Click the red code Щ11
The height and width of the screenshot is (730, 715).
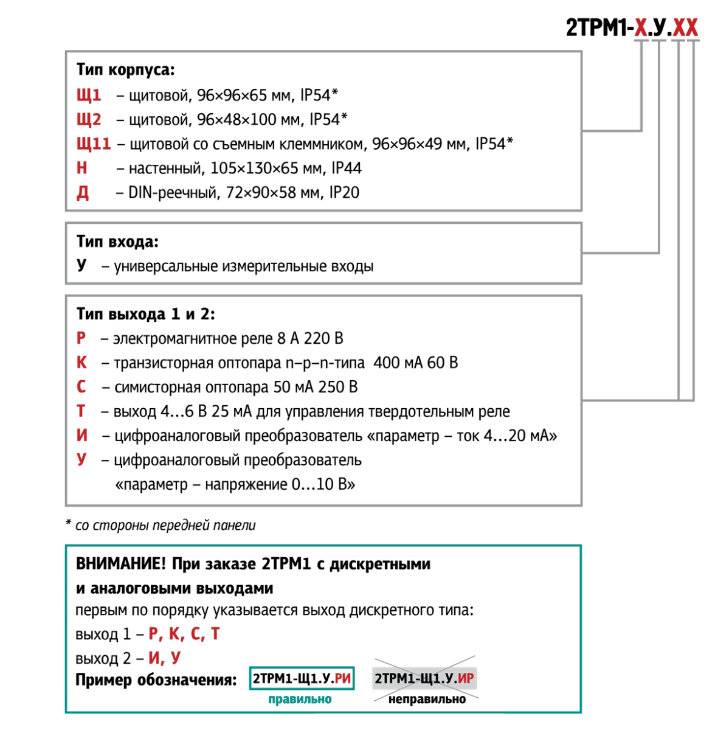[94, 144]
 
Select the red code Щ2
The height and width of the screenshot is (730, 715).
[89, 120]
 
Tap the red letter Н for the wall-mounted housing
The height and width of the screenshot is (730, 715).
[82, 168]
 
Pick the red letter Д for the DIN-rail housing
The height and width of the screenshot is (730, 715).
[83, 193]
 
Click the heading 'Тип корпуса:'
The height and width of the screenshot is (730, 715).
[126, 70]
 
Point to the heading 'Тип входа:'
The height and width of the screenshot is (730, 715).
[118, 242]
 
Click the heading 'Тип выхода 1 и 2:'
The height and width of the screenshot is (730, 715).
[146, 314]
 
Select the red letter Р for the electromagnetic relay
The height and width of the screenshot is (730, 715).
[81, 338]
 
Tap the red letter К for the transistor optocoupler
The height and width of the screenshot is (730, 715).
[82, 363]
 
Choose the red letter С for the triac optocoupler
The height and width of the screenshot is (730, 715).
[81, 387]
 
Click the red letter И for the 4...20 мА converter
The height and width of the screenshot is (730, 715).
[82, 436]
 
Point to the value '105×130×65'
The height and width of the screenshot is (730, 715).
[254, 168]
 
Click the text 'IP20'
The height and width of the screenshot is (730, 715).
[344, 192]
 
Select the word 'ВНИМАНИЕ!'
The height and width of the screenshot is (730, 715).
[121, 564]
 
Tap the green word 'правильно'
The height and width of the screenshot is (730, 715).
[300, 699]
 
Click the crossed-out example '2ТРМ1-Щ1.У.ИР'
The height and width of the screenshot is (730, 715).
[424, 678]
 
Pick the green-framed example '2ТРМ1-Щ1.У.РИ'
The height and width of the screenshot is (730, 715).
[302, 678]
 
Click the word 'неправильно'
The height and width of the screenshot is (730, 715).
[427, 699]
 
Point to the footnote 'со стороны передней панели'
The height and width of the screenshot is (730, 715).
[165, 526]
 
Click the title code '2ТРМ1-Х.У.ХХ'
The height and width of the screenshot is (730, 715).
[632, 27]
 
